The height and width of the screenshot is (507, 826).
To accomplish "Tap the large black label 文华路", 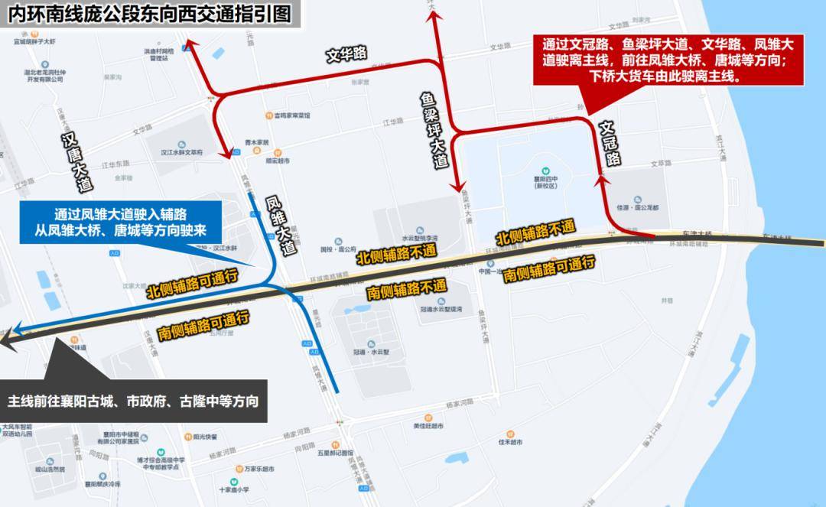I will pyautogui.click(x=346, y=54).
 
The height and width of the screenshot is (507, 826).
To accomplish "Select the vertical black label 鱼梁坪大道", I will pyautogui.click(x=431, y=130).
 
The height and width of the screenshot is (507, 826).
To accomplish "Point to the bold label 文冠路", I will pyautogui.click(x=610, y=143).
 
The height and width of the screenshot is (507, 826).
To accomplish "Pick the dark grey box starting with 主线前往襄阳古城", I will pyautogui.click(x=134, y=401).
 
